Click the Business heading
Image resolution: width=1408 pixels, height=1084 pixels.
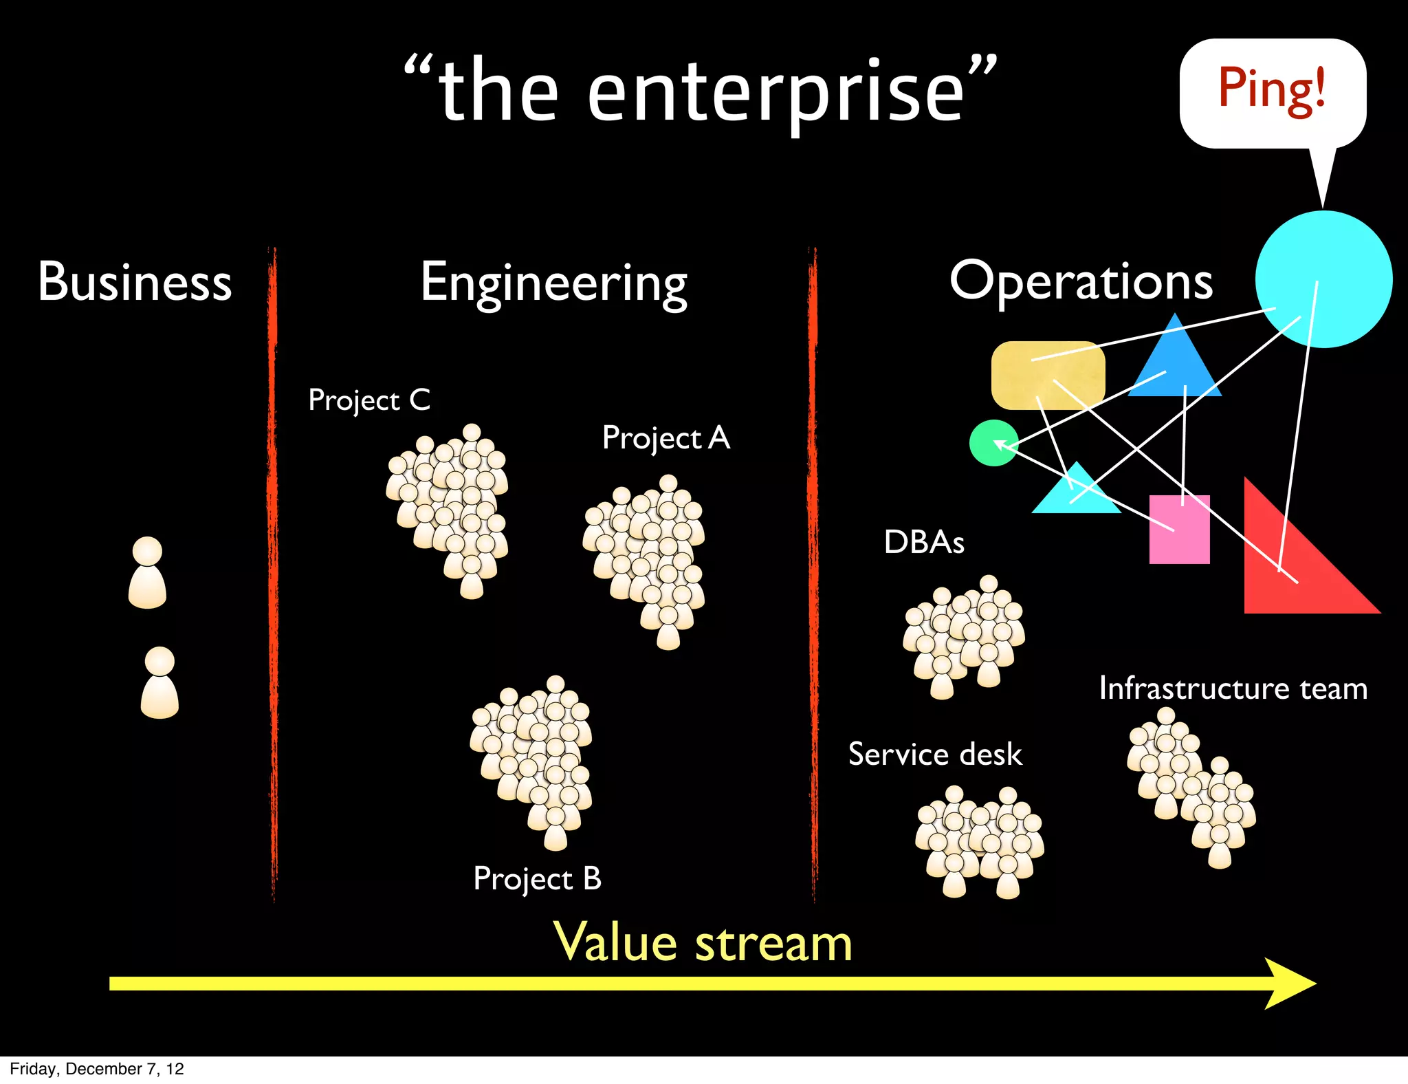(135, 282)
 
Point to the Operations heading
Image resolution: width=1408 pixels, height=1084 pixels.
(1081, 282)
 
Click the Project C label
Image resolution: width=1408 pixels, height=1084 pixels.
(369, 400)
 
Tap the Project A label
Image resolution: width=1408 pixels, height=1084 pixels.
(665, 438)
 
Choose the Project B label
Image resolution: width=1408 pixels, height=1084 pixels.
(537, 879)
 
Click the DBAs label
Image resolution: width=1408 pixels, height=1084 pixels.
(924, 543)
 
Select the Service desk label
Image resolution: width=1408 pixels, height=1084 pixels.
(935, 755)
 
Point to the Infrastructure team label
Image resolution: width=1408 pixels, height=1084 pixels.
(1233, 689)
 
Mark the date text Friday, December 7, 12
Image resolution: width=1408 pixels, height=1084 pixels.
(97, 1069)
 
